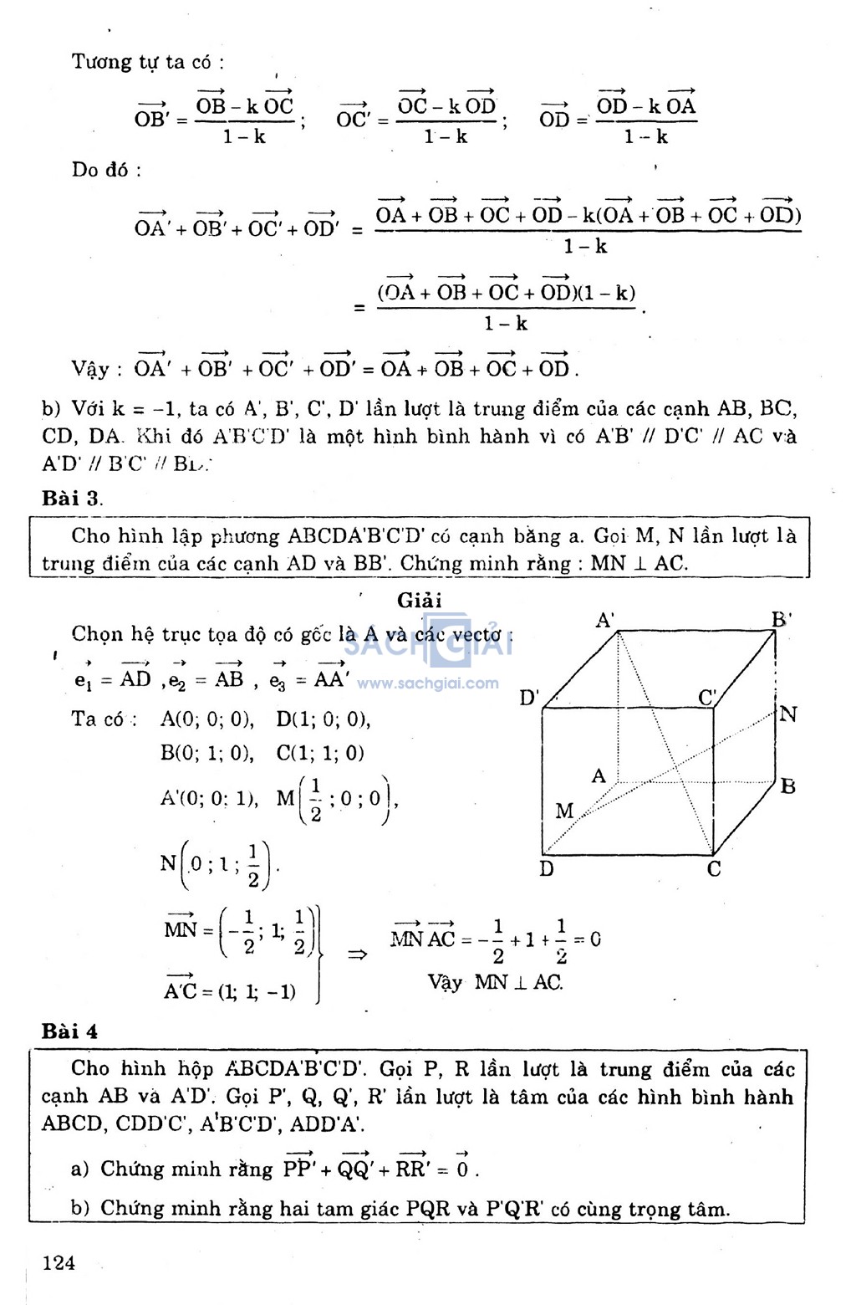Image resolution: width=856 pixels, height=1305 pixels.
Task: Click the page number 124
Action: click(59, 1262)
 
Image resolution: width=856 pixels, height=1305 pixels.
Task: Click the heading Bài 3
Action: click(72, 499)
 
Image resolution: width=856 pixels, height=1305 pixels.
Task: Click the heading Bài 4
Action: click(69, 1031)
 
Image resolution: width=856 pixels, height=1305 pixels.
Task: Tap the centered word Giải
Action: click(420, 601)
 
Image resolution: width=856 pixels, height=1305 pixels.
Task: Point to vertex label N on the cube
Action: click(788, 714)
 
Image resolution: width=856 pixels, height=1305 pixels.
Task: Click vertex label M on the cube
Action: click(564, 811)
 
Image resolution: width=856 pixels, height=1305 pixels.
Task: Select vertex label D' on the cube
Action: click(529, 697)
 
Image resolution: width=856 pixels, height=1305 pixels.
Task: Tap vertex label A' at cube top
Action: click(605, 620)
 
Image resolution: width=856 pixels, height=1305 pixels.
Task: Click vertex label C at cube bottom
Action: click(714, 869)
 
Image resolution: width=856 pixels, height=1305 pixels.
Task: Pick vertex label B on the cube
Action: click(787, 786)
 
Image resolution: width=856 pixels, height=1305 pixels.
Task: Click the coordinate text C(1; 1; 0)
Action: click(320, 753)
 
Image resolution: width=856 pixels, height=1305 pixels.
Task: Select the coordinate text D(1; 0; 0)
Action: click(323, 719)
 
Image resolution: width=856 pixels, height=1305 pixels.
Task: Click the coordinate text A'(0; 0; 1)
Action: click(209, 798)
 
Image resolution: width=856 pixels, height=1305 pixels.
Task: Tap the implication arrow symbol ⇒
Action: click(357, 954)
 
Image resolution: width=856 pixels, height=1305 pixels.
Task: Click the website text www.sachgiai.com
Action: click(427, 683)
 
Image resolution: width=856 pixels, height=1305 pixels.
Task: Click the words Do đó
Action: click(105, 170)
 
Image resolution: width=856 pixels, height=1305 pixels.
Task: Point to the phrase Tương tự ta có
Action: click(147, 62)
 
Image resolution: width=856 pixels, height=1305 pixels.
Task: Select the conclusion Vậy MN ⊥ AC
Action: click(495, 982)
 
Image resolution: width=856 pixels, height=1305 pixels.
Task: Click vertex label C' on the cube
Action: click(707, 697)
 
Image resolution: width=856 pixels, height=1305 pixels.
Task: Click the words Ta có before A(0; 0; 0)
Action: click(104, 719)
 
